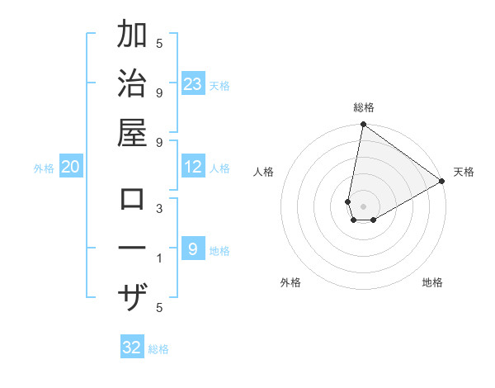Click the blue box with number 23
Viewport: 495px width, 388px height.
[193, 83]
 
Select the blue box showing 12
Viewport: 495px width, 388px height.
[193, 168]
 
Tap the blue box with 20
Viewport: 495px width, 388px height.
[70, 168]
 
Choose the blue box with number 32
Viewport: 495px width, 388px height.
[132, 348]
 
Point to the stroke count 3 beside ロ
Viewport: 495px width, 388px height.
[159, 209]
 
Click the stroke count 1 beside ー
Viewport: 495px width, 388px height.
[159, 258]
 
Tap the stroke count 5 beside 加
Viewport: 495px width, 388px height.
[159, 44]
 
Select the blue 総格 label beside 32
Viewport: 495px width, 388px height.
[158, 349]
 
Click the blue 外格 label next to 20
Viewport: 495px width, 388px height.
[44, 168]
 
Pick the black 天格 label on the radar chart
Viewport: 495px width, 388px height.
[464, 172]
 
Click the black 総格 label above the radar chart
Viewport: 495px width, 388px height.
[363, 107]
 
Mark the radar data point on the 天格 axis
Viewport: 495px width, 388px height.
[442, 182]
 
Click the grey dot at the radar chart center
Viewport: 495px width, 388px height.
[363, 206]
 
